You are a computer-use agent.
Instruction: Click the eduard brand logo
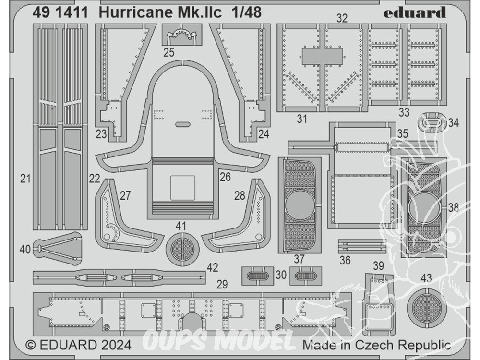pyautogui.click(x=414, y=13)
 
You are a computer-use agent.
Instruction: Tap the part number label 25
pyautogui.click(x=168, y=52)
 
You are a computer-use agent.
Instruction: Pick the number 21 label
pyautogui.click(x=25, y=178)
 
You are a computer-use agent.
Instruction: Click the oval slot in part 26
pyautogui.click(x=183, y=125)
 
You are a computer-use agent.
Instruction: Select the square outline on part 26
pyautogui.click(x=183, y=188)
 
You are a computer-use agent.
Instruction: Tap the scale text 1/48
pyautogui.click(x=246, y=12)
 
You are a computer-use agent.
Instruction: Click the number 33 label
pyautogui.click(x=404, y=112)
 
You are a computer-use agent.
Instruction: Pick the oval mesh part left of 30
pyautogui.click(x=257, y=276)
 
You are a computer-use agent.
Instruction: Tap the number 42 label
pyautogui.click(x=213, y=267)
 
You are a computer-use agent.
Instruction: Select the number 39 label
pyautogui.click(x=378, y=265)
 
